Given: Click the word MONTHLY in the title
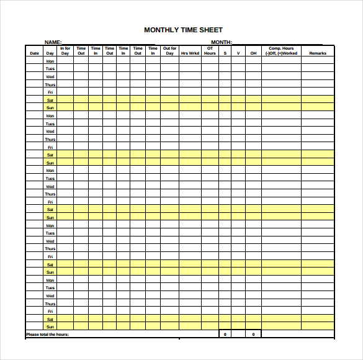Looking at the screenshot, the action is pos(159,30).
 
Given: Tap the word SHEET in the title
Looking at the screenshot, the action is pos(211,30).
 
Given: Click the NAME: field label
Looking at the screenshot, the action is pos(53,42).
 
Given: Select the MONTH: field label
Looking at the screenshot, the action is pos(222,42).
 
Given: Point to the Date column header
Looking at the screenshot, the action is pos(34,53).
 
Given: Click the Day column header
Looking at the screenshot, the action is pos(50,53).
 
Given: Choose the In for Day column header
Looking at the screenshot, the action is pos(65,51).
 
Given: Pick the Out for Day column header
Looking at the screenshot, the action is pos(169,51).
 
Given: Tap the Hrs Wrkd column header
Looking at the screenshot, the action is pos(190,53).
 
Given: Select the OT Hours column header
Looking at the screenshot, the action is pos(210,51).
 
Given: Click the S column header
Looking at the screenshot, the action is pos(225,53).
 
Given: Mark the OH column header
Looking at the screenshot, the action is pos(253,53).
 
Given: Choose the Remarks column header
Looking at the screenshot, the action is pos(318,53).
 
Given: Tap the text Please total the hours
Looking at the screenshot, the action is pos(47,335).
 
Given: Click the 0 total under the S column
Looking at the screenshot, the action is pos(225,335).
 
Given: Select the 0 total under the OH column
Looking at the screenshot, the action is pos(253,335).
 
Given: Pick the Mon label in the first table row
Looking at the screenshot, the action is pos(50,61).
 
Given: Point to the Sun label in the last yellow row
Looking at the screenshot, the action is pos(50,326).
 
